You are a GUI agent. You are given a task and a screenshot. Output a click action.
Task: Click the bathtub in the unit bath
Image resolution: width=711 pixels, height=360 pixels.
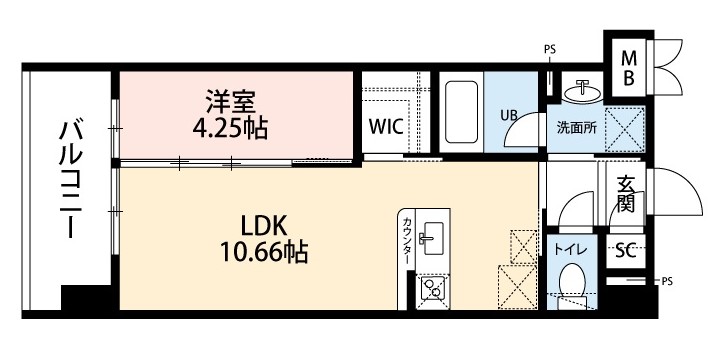[x=462, y=113]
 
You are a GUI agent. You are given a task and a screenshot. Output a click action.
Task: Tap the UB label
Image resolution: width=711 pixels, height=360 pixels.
[x=509, y=114]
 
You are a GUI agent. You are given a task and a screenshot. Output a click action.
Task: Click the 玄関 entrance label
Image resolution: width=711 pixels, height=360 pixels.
[x=627, y=196]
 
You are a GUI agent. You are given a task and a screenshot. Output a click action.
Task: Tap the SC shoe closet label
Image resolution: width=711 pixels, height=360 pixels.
[x=626, y=250]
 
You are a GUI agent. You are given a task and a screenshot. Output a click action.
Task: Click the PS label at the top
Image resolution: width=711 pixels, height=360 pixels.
[x=550, y=48]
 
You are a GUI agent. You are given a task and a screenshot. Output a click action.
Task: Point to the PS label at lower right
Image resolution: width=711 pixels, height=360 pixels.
[x=667, y=283]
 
